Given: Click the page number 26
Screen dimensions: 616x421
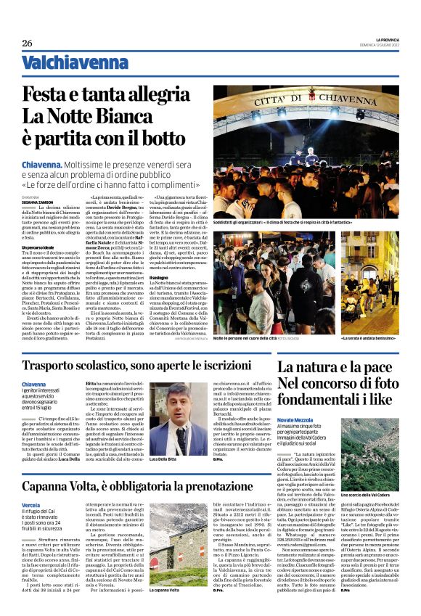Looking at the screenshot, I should (27, 44).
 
